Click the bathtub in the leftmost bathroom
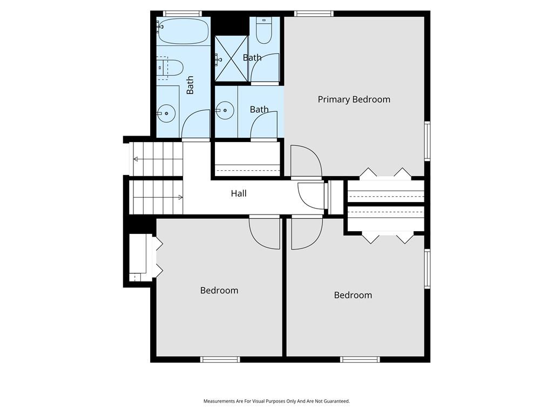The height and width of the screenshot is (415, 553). coord(183,31)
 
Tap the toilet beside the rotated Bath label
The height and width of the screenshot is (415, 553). coord(170,68)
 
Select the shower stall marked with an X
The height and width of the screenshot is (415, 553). coord(231,58)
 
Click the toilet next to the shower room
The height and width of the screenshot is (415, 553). coord(264,31)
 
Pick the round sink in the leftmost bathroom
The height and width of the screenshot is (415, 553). coord(166,113)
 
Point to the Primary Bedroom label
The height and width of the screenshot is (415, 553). coord(354,99)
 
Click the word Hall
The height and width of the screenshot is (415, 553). coord(239,193)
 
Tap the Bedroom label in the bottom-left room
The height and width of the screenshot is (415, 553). coord(219,290)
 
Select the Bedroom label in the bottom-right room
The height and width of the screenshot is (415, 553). coord(353,295)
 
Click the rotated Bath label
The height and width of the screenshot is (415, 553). coord(190,85)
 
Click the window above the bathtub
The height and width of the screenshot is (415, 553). coord(183,14)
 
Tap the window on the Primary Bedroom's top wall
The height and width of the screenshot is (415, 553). coord(314,14)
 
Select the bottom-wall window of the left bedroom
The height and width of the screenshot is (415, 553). coord(220,359)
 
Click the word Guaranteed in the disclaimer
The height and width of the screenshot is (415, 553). coord(338,401)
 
